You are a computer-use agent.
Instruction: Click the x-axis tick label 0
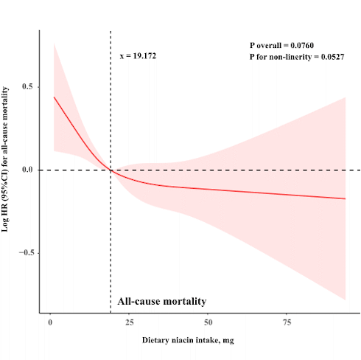tap(50, 323)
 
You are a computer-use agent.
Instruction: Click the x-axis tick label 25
tap(129, 323)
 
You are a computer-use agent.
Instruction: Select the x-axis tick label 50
tap(208, 323)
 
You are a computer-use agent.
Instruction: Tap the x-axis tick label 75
tap(288, 323)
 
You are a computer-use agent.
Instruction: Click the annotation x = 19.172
tap(138, 55)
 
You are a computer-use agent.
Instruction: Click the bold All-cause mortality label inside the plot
tap(161, 301)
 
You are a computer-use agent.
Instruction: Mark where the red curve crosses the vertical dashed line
tap(111, 170)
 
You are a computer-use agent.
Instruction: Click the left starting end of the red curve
tap(54, 97)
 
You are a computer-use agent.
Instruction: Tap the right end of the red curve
tap(345, 198)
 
